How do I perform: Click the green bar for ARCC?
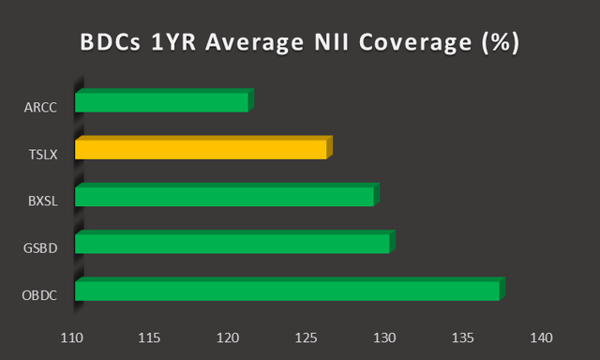point(161,102)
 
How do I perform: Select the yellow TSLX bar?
point(201,149)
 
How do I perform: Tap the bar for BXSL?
point(224,196)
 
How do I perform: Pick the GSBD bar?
point(232,244)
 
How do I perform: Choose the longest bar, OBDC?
point(287,291)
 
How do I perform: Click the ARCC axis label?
point(40,108)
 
